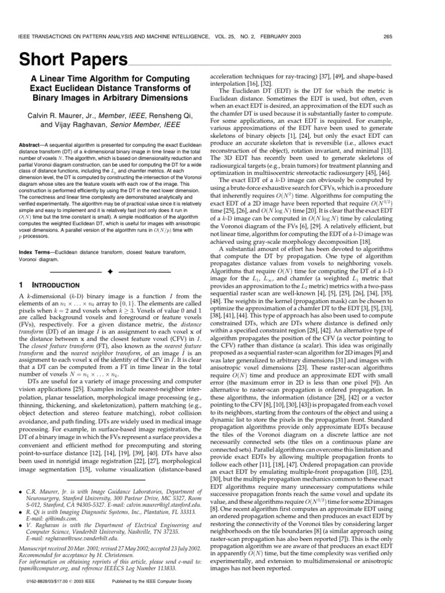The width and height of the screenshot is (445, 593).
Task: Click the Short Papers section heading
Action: pos(74,60)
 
